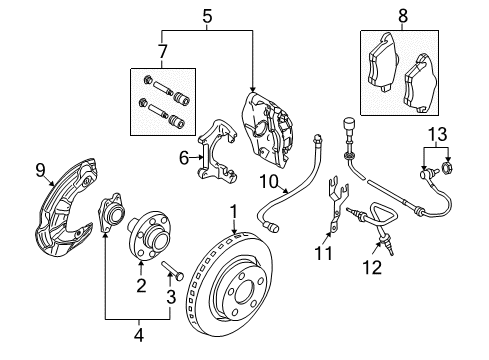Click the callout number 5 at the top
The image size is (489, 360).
pyautogui.click(x=207, y=16)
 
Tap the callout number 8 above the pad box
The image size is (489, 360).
pyautogui.click(x=403, y=16)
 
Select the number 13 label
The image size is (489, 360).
pyautogui.click(x=437, y=134)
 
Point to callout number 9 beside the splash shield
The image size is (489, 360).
pyautogui.click(x=40, y=171)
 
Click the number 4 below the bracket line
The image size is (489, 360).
pyautogui.click(x=139, y=335)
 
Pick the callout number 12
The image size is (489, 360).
pyautogui.click(x=372, y=267)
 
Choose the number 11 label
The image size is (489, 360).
pyautogui.click(x=323, y=253)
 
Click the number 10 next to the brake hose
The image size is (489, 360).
pyautogui.click(x=269, y=182)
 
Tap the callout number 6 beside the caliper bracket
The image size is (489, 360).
pyautogui.click(x=184, y=158)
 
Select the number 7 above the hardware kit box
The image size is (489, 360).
pyautogui.click(x=162, y=52)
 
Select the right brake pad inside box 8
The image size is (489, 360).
pyautogui.click(x=420, y=83)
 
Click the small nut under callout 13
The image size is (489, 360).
pyautogui.click(x=446, y=168)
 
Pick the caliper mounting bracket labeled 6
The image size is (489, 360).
pyautogui.click(x=217, y=151)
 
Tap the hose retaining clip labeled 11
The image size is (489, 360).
pyautogui.click(x=337, y=203)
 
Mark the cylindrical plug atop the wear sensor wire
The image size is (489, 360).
pyautogui.click(x=348, y=125)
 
